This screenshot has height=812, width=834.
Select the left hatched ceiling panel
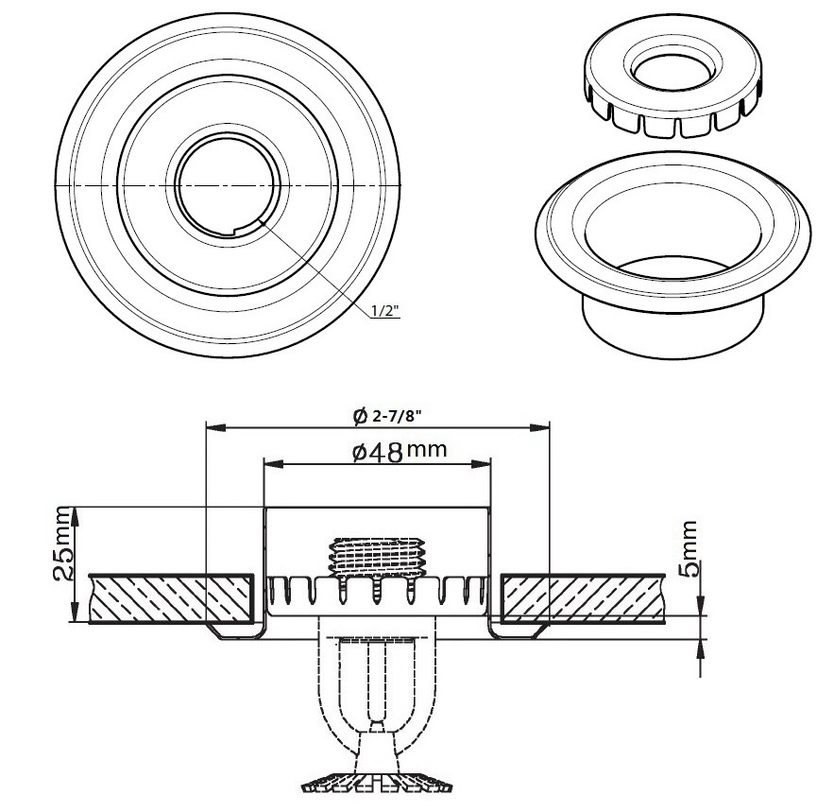coord(171,598)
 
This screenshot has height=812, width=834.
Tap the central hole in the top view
coord(225,180)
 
